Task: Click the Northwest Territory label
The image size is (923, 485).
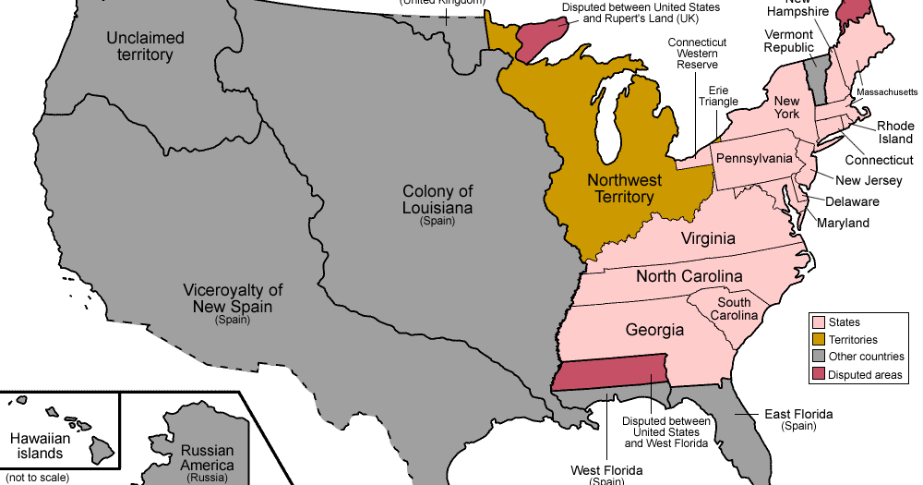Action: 620,188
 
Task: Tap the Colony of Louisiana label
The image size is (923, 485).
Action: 438,200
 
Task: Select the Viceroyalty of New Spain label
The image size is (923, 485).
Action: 233,298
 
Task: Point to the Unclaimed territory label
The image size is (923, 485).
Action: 145,46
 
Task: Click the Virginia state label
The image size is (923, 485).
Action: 708,239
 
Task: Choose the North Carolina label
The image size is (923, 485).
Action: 689,276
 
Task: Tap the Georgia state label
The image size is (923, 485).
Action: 654,330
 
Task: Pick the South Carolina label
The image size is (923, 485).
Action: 734,309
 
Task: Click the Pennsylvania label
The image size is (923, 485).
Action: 754,158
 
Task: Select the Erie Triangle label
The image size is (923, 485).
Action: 719,97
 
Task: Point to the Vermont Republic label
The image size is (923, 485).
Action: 788,41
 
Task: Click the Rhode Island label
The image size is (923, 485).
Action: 895,132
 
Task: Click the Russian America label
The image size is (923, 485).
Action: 207,458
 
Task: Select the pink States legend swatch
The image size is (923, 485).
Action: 817,322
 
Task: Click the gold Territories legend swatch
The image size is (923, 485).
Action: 817,340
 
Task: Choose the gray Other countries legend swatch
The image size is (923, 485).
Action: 817,357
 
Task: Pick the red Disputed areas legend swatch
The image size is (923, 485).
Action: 817,374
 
